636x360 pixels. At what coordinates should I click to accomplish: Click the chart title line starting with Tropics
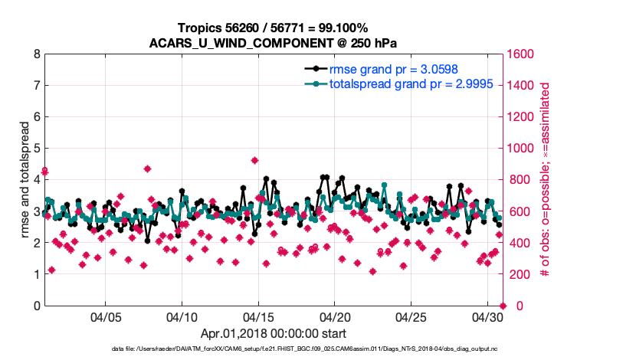coord(273,28)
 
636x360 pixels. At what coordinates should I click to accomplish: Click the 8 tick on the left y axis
coord(37,54)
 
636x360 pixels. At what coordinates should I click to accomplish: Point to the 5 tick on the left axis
coord(37,149)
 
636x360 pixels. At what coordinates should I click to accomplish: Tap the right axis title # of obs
coord(546,180)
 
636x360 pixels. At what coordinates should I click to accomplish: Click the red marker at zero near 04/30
coord(503,306)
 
